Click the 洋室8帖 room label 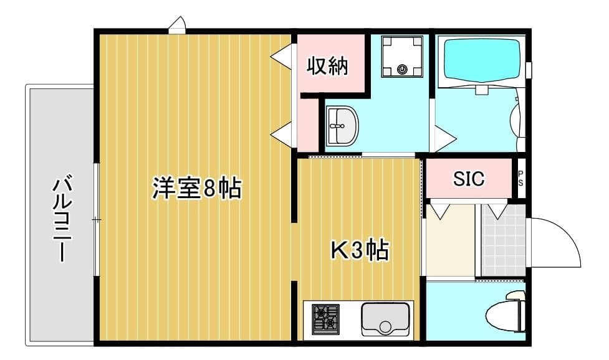tap(196, 187)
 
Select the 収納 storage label tap(327, 65)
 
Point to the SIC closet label tap(468, 179)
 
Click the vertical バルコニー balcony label tap(61, 219)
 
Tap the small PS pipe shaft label tap(521, 179)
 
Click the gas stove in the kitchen tap(325, 318)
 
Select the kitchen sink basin tap(385, 318)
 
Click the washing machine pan tap(402, 56)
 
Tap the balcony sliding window tap(96, 219)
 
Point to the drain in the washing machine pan tap(402, 70)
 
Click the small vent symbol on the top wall tap(177, 25)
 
